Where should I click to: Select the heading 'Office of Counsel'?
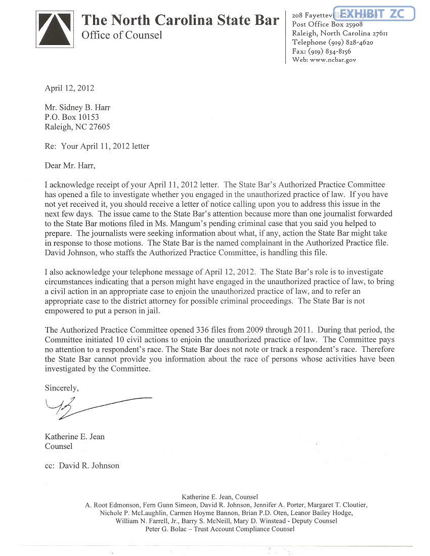122,35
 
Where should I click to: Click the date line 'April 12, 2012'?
69,88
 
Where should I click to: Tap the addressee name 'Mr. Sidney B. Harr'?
77,108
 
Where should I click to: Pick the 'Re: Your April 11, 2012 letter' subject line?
97,146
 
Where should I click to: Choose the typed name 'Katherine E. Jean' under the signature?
75,437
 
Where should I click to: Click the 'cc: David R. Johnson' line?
82,466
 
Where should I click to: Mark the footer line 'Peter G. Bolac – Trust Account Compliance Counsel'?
220,529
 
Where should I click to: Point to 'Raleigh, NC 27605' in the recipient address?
77,127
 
